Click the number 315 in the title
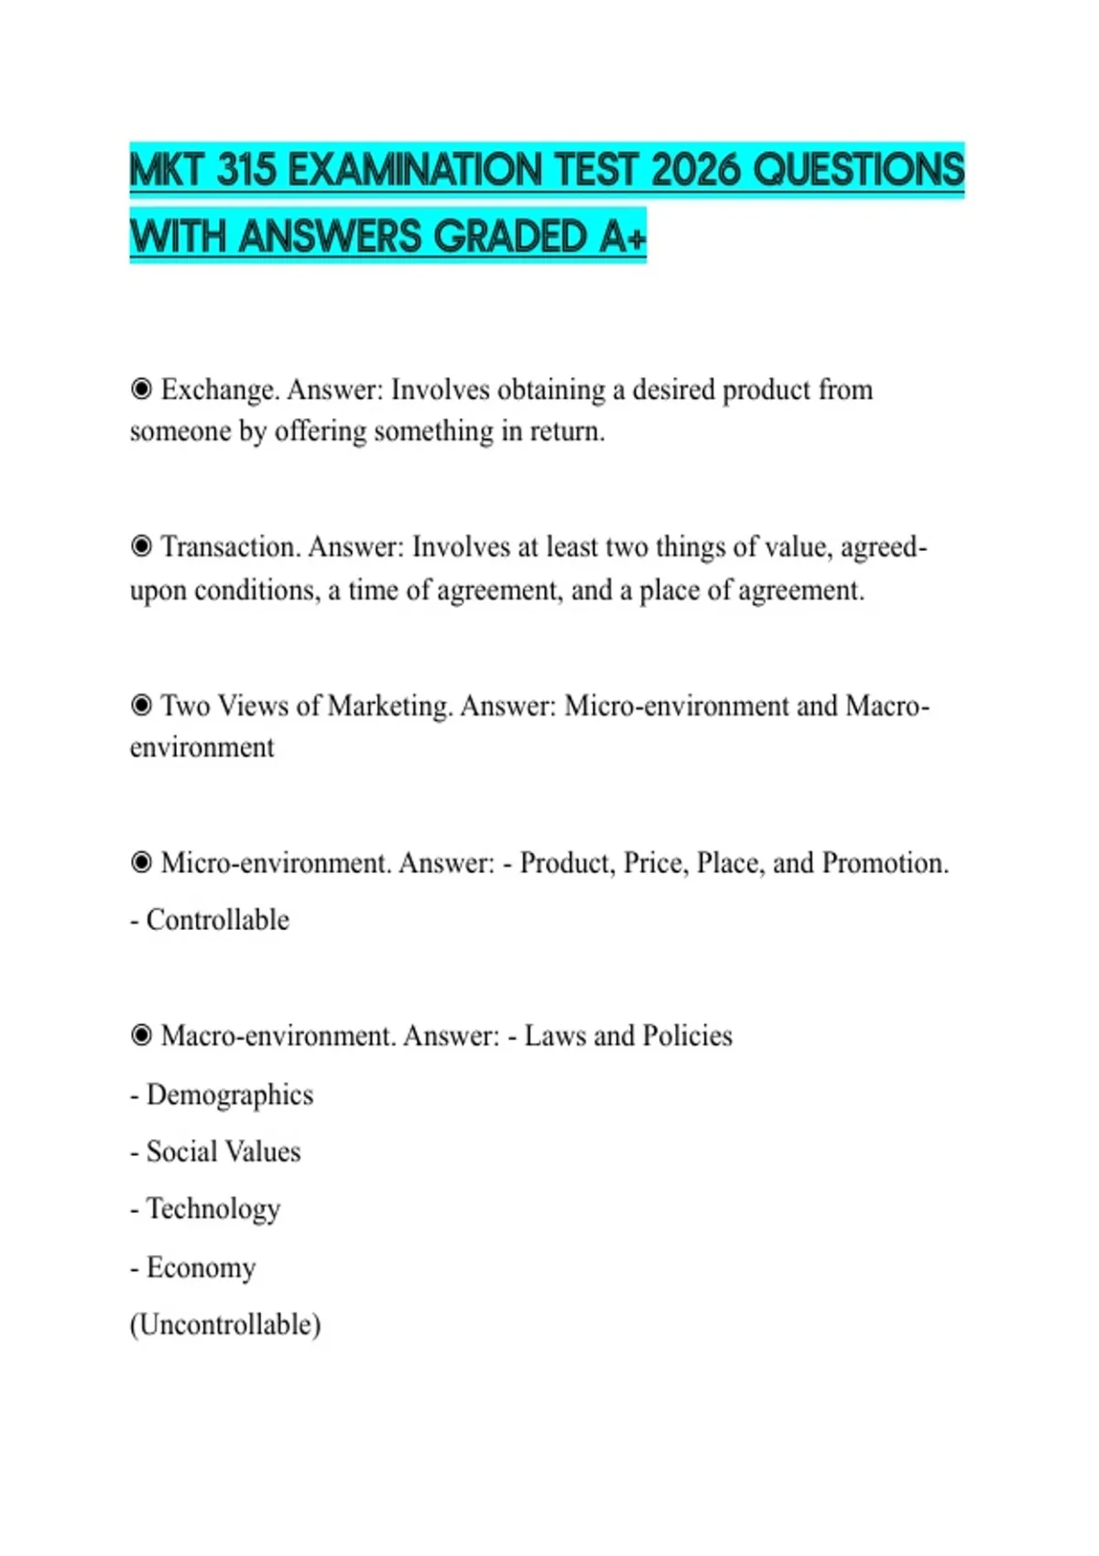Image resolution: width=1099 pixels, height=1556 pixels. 246,170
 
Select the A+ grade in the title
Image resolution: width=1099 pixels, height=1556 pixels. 624,236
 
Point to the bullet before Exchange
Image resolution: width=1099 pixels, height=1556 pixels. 141,389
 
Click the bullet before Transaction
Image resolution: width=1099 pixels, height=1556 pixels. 141,546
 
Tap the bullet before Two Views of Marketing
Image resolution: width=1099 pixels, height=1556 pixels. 141,705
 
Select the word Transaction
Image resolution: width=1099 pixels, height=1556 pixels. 230,547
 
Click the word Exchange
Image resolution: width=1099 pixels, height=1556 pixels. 219,390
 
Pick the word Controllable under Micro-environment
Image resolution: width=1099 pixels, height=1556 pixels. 218,920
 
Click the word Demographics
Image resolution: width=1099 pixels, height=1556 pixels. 230,1095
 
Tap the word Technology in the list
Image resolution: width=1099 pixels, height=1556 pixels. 213,1209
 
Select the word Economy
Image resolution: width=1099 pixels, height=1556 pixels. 201,1268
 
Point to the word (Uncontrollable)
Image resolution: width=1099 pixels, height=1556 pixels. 225,1324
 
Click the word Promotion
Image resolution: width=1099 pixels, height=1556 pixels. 885,863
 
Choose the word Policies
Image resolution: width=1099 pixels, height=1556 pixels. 687,1036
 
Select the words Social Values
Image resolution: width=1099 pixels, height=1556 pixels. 223,1151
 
